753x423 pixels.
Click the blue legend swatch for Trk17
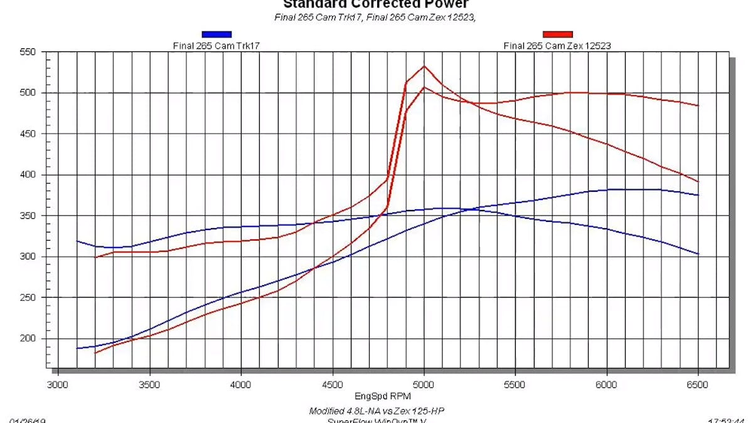click(216, 35)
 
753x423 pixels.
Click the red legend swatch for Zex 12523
click(558, 35)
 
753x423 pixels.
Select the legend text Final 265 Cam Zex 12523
click(557, 46)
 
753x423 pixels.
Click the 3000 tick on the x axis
click(58, 384)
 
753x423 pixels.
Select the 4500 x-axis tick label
click(333, 384)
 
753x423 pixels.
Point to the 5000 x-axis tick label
click(424, 384)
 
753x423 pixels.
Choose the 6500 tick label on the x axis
click(698, 384)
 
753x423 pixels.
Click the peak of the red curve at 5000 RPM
click(424, 66)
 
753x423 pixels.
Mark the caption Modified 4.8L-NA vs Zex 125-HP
click(376, 411)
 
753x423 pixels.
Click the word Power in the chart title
click(445, 5)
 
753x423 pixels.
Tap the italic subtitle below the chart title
click(375, 17)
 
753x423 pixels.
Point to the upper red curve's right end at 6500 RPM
click(698, 105)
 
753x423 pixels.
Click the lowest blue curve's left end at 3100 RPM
click(77, 348)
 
